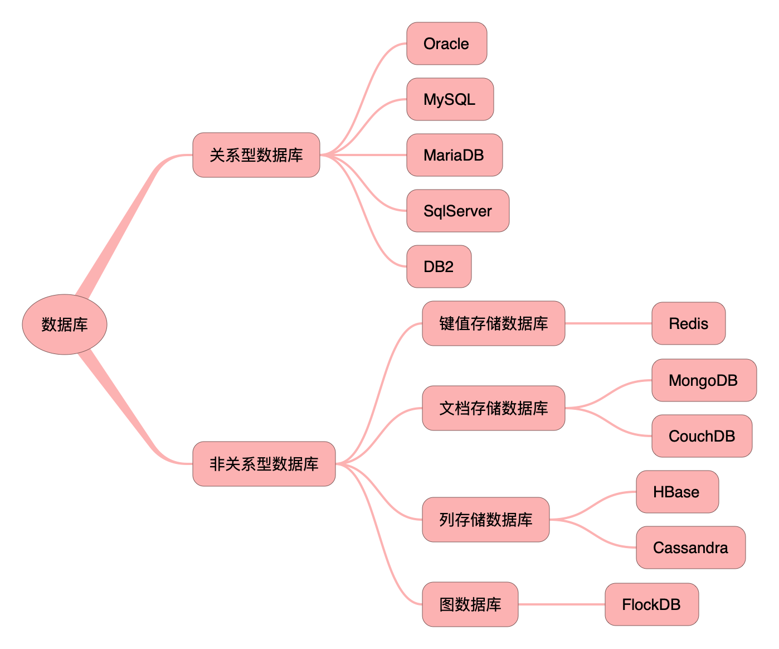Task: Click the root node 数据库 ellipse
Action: pos(65,324)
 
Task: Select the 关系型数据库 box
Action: pos(256,155)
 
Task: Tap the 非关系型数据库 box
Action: pos(264,464)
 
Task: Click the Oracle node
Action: pos(447,43)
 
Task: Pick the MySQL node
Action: pos(450,99)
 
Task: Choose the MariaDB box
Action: pos(455,155)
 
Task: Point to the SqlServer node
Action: pos(458,211)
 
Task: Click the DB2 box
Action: pos(439,267)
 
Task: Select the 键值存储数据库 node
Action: pos(494,323)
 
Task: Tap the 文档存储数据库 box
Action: pos(494,408)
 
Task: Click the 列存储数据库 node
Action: pos(486,520)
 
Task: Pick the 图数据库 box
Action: pos(470,604)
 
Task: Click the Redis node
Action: pos(689,323)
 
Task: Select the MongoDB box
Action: pos(704,380)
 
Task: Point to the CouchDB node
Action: pos(702,436)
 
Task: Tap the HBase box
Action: pos(678,492)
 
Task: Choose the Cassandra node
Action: pos(691,548)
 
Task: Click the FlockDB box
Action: pos(652,604)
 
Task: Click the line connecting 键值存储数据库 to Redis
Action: pos(608,323)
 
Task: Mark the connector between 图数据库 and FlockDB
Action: pos(562,604)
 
